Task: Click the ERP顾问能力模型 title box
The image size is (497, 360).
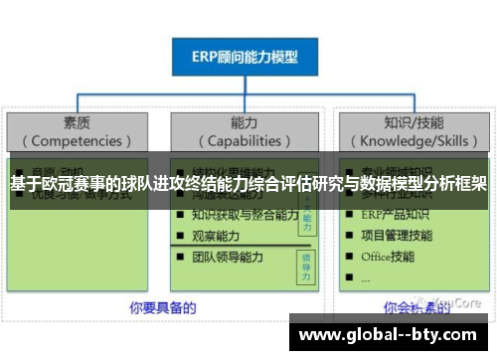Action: point(247,58)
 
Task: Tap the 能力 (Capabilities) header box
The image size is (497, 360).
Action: point(245,131)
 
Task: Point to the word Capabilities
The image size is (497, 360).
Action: point(245,141)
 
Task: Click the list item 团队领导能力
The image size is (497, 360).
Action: point(229,257)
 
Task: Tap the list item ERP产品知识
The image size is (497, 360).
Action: point(396,214)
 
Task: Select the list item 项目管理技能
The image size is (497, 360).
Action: point(397,235)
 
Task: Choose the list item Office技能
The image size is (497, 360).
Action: point(389,257)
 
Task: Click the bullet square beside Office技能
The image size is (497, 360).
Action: point(349,257)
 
